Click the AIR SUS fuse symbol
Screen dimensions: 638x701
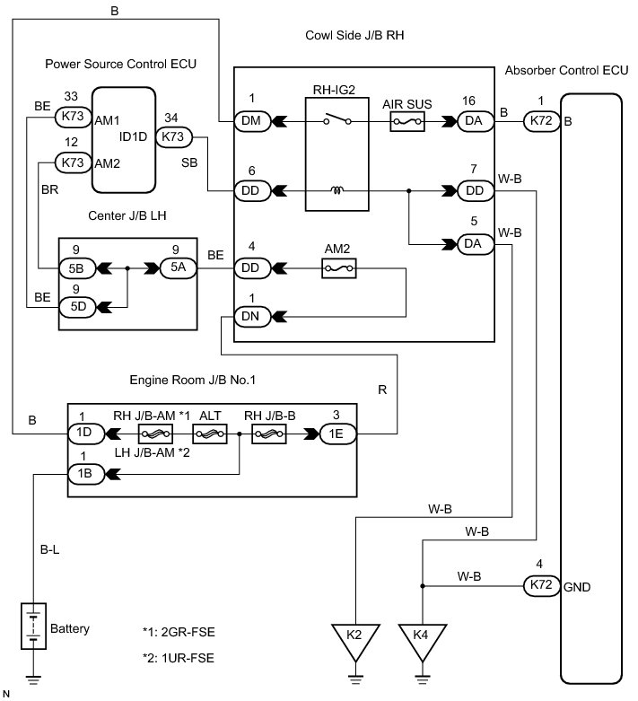tap(407, 121)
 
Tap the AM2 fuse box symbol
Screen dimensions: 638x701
tap(339, 268)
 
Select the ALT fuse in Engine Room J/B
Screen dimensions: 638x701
tap(210, 434)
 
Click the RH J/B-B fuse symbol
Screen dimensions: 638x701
tap(268, 434)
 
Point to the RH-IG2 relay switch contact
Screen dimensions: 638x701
tap(337, 120)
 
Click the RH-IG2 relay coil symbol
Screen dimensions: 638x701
tap(337, 191)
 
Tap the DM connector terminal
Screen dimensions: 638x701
tap(253, 121)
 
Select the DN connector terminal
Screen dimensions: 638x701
tap(253, 317)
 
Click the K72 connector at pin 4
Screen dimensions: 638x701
tap(541, 585)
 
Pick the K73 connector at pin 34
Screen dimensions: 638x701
tap(174, 136)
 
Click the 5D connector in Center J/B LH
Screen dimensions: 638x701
tap(77, 307)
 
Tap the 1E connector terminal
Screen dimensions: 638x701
tap(338, 434)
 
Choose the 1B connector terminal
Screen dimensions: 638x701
tap(86, 474)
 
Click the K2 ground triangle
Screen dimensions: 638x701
tap(355, 639)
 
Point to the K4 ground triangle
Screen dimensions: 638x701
tap(422, 639)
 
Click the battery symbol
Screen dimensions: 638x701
tap(33, 626)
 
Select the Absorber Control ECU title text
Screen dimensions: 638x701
tap(566, 71)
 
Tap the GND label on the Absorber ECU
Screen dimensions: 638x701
tap(577, 587)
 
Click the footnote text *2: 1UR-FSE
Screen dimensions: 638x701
tap(179, 658)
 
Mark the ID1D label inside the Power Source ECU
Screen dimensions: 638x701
tap(133, 136)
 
